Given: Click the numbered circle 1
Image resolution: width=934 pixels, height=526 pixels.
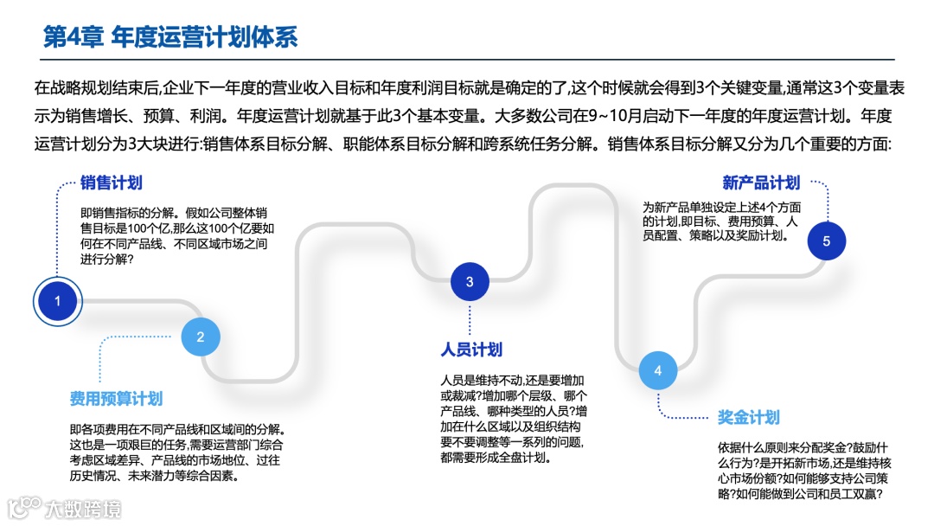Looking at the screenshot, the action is pyautogui.click(x=58, y=301).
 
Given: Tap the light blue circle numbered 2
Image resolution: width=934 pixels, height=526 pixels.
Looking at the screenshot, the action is pyautogui.click(x=201, y=337).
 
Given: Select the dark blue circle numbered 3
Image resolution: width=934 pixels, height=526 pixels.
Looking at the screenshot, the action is pyautogui.click(x=470, y=281).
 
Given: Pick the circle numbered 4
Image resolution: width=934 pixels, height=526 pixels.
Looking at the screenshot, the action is pyautogui.click(x=658, y=371).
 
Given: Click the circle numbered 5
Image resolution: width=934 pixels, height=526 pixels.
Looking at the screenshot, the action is pyautogui.click(x=827, y=241).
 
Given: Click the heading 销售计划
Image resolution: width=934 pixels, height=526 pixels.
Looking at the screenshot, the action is pyautogui.click(x=112, y=183).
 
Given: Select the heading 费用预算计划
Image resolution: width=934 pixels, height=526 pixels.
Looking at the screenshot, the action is pyautogui.click(x=116, y=399).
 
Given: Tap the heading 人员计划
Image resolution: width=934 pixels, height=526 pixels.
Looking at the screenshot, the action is pyautogui.click(x=471, y=350).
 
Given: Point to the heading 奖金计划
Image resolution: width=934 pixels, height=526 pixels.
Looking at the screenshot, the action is pyautogui.click(x=749, y=418).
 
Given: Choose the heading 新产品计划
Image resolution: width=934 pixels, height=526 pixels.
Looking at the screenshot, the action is pyautogui.click(x=762, y=183).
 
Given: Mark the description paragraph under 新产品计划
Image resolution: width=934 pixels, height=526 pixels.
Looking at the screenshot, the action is pyautogui.click(x=722, y=221).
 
